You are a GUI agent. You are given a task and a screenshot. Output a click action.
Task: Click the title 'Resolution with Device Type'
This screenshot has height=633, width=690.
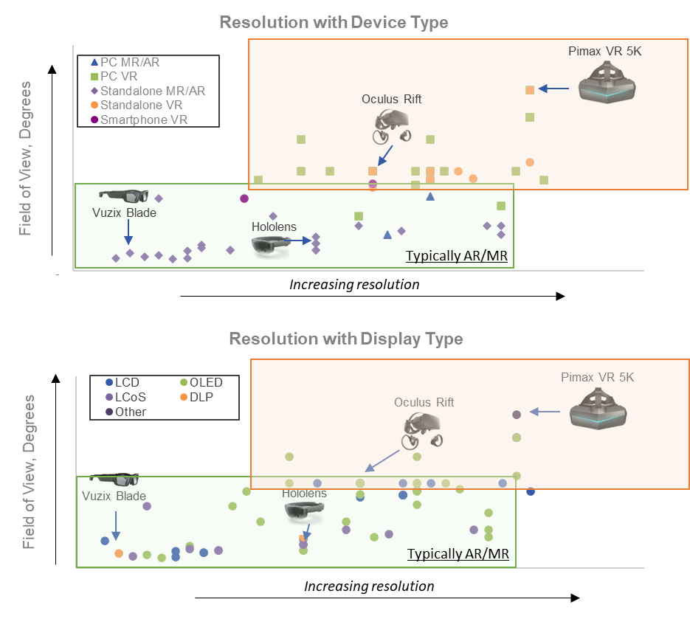click(x=334, y=23)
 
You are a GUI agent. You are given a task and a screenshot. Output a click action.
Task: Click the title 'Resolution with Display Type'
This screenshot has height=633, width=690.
click(x=346, y=339)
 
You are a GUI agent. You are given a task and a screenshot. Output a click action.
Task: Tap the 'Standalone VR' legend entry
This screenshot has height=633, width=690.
click(x=136, y=106)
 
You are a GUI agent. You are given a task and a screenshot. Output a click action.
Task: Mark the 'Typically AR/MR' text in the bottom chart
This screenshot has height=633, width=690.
click(x=458, y=553)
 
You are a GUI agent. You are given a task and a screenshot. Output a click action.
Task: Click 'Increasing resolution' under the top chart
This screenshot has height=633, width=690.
click(x=354, y=285)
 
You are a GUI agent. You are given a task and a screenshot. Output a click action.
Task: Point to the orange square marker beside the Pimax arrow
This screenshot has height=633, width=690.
click(x=530, y=90)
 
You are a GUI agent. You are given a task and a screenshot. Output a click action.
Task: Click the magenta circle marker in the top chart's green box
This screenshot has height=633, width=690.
click(x=244, y=198)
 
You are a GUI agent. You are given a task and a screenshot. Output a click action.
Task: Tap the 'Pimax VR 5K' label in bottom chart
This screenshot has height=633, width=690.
click(x=596, y=378)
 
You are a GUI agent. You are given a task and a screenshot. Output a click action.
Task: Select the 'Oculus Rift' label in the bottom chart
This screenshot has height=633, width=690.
click(x=424, y=402)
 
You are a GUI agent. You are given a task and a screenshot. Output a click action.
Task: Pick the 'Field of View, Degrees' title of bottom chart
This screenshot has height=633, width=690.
click(x=29, y=472)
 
